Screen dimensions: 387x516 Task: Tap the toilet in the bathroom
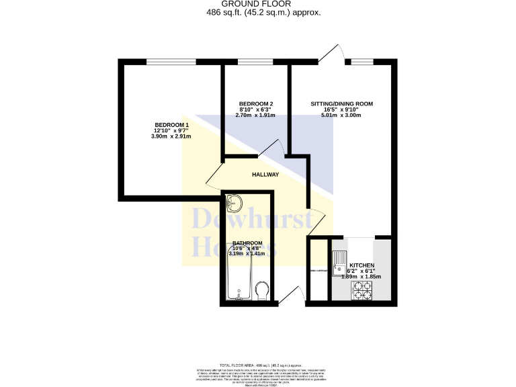pyautogui.click(x=263, y=290)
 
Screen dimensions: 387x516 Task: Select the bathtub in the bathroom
pyautogui.click(x=239, y=279)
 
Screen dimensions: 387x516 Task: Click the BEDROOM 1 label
pyautogui.click(x=171, y=125)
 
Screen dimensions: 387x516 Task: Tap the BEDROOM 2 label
pyautogui.click(x=255, y=103)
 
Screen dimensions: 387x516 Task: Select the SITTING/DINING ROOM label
pyautogui.click(x=341, y=103)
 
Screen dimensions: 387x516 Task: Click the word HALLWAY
pyautogui.click(x=265, y=175)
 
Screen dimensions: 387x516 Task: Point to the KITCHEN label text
pyautogui.click(x=362, y=265)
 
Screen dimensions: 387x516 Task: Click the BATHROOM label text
pyautogui.click(x=247, y=243)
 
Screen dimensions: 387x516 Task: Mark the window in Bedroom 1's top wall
pyautogui.click(x=171, y=62)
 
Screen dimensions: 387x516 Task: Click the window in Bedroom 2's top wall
pyautogui.click(x=251, y=62)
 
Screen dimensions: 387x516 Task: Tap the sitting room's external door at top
pyautogui.click(x=330, y=55)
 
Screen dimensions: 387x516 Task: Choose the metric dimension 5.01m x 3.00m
pyautogui.click(x=341, y=116)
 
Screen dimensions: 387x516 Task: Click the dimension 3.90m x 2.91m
pyautogui.click(x=171, y=136)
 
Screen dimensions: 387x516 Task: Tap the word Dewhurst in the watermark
pyautogui.click(x=252, y=220)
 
